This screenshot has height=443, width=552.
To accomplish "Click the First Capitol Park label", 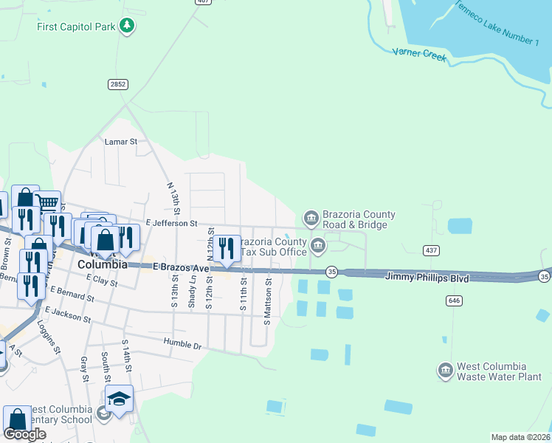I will click(76, 27).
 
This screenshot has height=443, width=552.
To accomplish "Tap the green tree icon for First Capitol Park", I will click(127, 27).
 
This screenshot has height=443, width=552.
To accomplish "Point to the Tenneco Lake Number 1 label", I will click(496, 21).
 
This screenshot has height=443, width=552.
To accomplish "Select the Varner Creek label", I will click(419, 55).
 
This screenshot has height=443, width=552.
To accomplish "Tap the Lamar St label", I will click(121, 141).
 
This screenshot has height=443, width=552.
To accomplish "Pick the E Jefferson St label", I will click(171, 223).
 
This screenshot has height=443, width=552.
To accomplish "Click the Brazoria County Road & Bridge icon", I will click(311, 217).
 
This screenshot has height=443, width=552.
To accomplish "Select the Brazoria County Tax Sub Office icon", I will click(318, 245).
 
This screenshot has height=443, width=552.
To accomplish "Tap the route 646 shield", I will click(454, 300).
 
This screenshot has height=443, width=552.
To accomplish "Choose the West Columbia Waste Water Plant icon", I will click(445, 370).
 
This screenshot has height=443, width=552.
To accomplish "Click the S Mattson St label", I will click(268, 301).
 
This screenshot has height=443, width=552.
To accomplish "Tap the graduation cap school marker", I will click(119, 399).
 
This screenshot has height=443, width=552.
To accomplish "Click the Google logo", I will click(24, 434).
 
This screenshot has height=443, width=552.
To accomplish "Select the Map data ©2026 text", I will click(521, 437).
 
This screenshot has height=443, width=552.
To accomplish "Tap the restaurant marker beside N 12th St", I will click(227, 248).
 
